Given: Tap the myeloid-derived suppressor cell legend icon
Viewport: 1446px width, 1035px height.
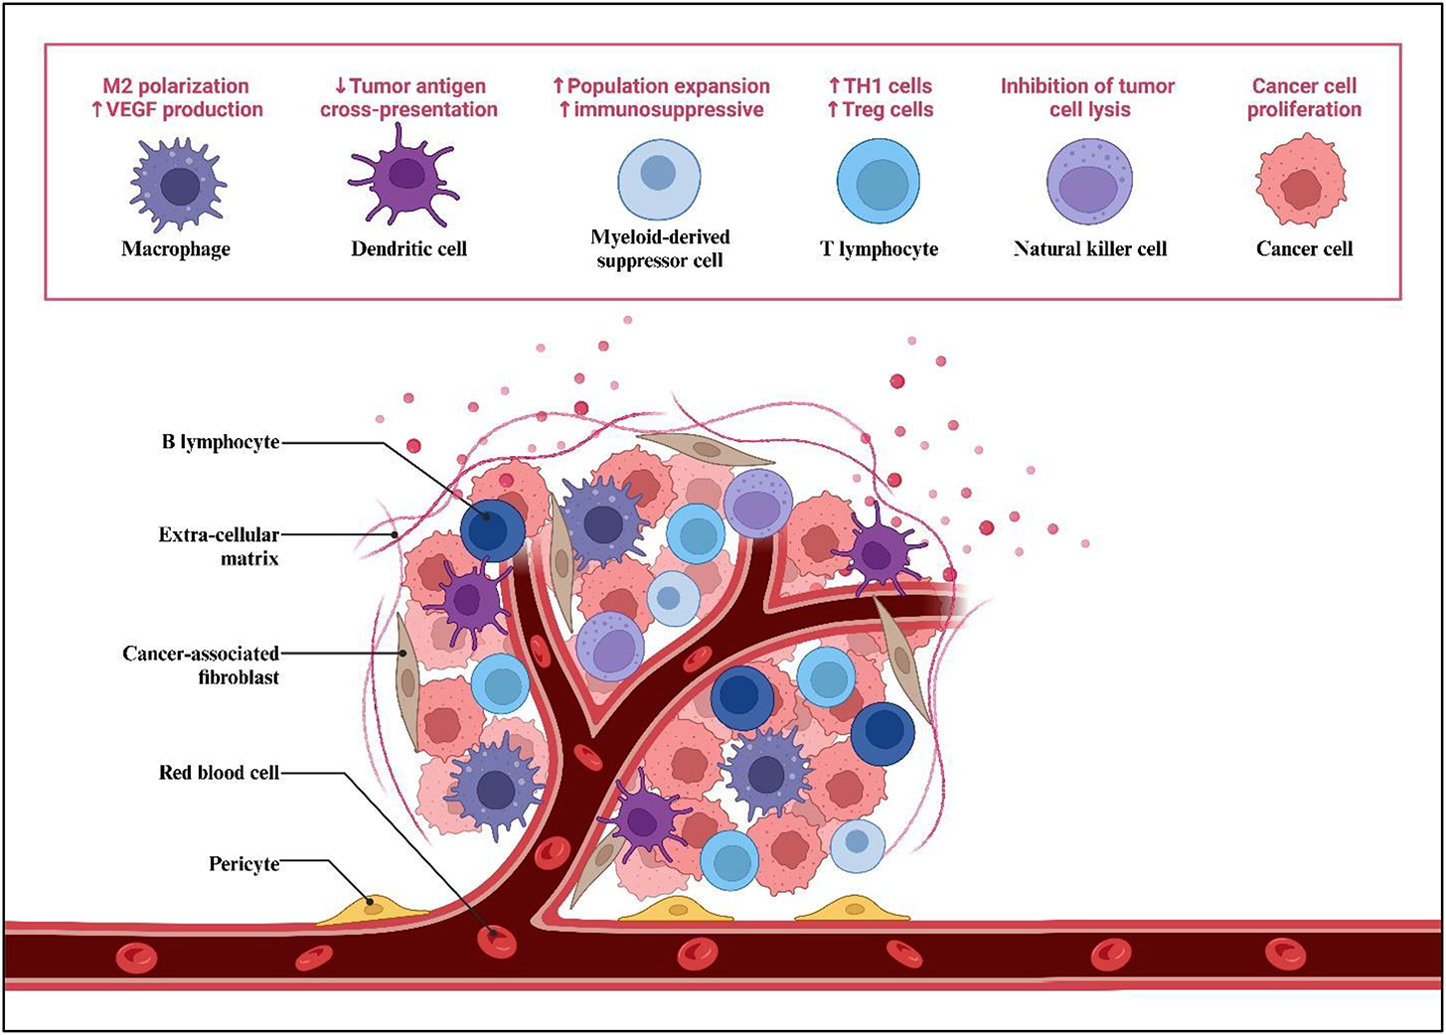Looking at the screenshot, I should pos(659,180).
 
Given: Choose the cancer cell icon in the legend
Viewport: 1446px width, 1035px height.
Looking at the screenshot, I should pos(1301,181).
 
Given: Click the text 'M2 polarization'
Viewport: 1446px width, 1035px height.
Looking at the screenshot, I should pos(176,86).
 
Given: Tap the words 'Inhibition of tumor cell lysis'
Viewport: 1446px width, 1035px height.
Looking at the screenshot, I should pos(1088,97).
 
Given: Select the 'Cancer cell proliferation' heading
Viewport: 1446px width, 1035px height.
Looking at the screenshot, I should pos(1304,97).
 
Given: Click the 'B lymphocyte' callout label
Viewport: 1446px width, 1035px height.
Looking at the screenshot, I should pos(221,442).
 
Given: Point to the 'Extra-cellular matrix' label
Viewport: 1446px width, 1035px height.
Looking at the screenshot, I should pos(219,546).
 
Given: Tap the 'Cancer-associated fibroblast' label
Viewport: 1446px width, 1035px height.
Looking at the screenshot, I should pos(201,665).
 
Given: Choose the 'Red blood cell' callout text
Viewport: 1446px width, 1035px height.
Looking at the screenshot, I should pos(219,772).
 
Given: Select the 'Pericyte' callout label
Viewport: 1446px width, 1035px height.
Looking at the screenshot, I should pos(243,863).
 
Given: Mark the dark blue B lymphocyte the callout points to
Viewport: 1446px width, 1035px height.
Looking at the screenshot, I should pos(492,529).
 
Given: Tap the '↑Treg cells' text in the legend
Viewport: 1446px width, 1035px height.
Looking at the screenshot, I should pos(880,110).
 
